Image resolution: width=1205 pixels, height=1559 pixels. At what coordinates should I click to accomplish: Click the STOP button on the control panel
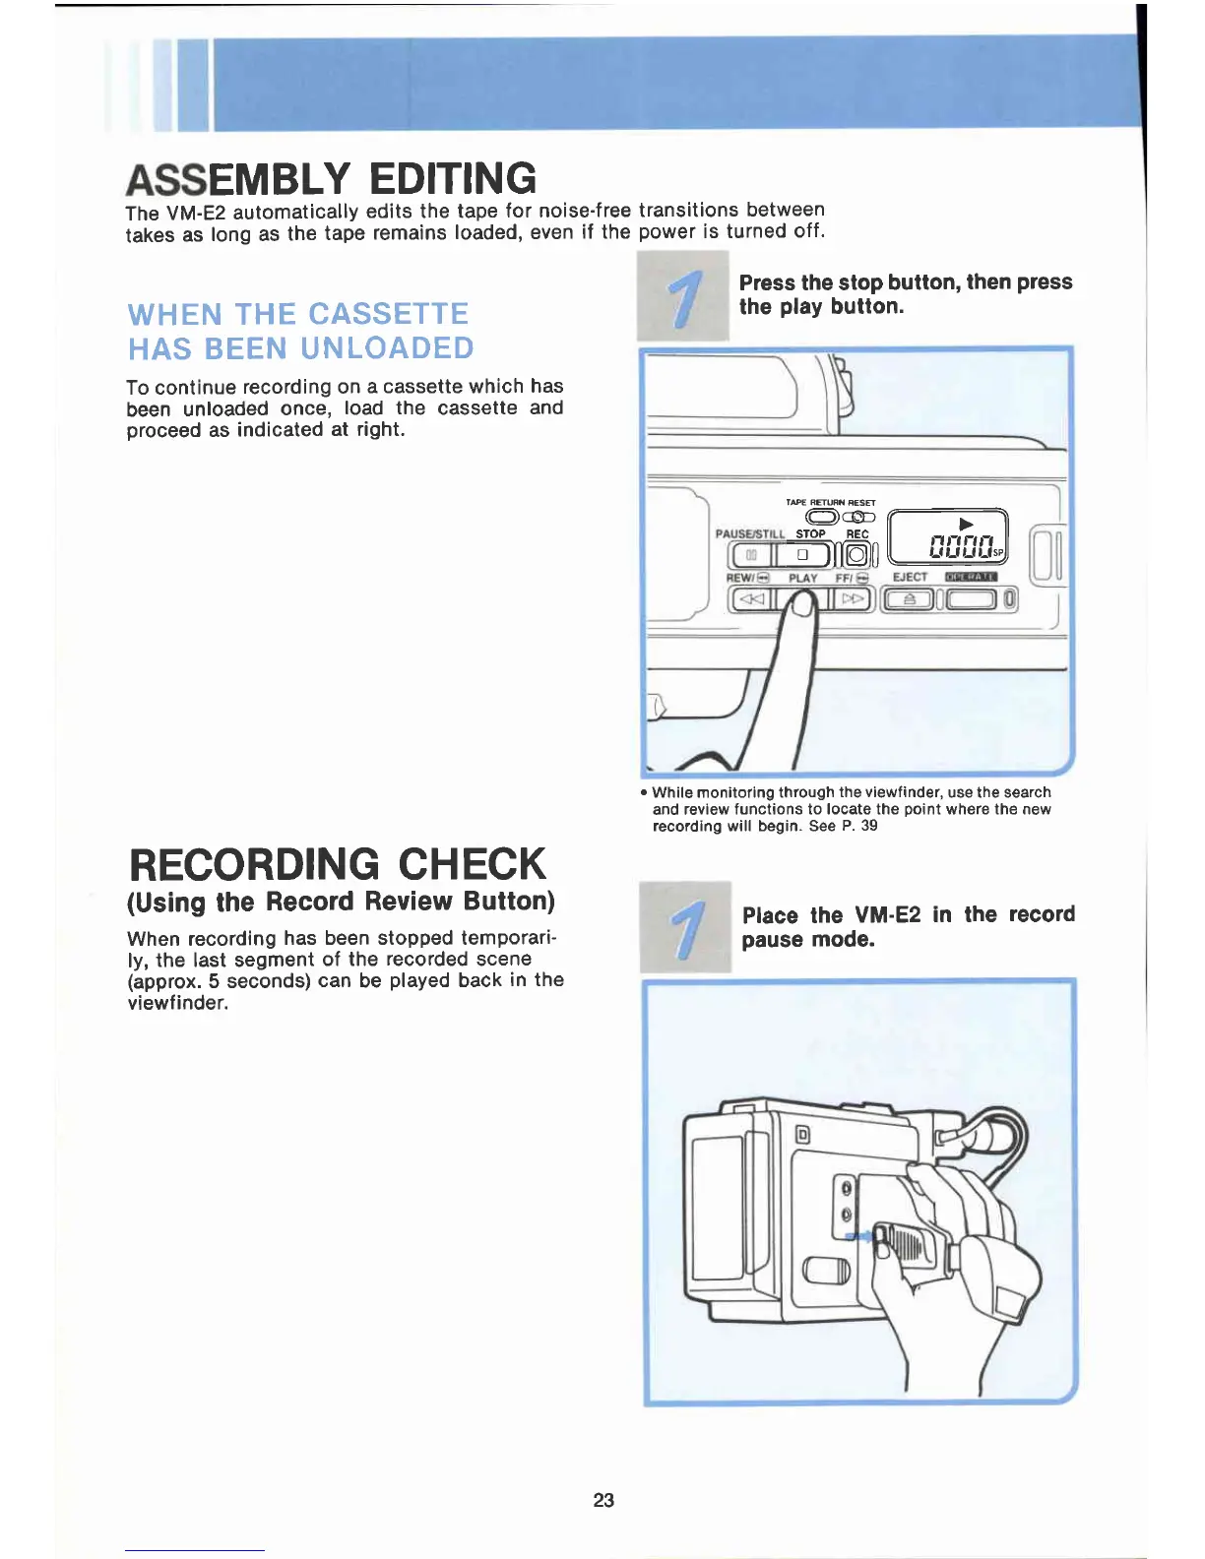pos(802,555)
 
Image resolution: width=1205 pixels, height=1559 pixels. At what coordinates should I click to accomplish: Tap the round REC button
pos(856,555)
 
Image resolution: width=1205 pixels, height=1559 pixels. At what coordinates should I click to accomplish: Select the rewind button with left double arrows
pos(751,597)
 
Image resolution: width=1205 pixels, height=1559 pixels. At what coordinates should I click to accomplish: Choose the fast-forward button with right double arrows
pos(853,597)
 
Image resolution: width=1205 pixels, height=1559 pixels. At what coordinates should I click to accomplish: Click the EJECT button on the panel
pos(909,598)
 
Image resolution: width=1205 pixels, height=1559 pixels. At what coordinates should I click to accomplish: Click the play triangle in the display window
pos(966,524)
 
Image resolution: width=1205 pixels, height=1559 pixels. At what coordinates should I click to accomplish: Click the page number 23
pos(603,1500)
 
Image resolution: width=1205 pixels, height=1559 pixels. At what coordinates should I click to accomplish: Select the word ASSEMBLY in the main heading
pos(237,179)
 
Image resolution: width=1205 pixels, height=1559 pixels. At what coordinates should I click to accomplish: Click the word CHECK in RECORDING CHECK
pos(472,864)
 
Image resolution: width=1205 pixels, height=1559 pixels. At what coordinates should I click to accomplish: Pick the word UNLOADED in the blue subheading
pos(387,348)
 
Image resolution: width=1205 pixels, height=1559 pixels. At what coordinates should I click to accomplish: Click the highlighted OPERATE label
pos(971,577)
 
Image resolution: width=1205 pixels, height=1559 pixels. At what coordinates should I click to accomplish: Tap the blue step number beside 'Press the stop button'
pos(683,296)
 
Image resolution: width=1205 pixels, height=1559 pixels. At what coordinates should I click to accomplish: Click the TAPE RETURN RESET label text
pos(830,502)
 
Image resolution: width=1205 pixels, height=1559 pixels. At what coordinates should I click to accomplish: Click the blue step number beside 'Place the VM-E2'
pos(685,927)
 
